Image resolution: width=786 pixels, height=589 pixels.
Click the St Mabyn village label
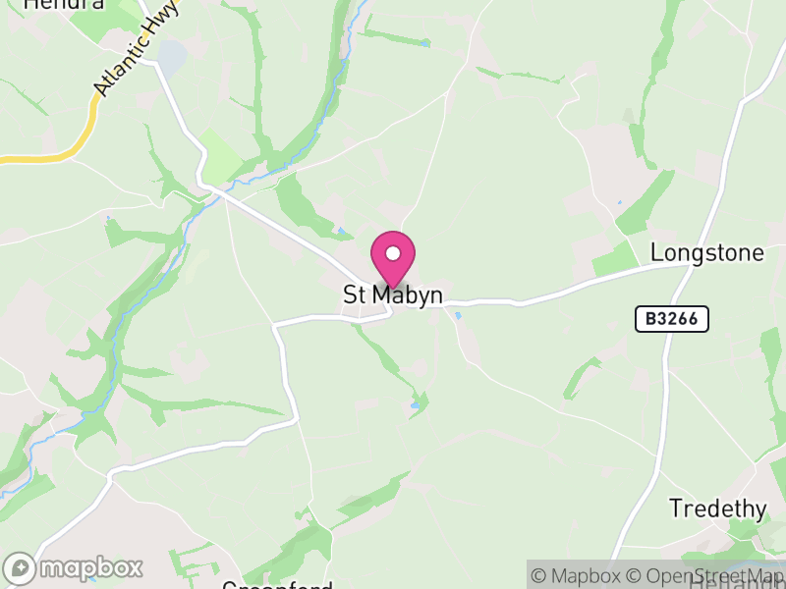(393, 295)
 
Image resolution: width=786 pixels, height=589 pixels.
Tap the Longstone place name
(707, 253)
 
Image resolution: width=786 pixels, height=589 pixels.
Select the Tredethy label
(717, 509)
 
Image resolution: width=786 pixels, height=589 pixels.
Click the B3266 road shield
(671, 319)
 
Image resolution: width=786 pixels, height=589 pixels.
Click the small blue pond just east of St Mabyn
(458, 315)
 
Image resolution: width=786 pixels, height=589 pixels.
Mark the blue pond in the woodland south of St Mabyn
(415, 403)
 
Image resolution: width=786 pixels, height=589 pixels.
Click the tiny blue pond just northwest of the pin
(341, 232)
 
